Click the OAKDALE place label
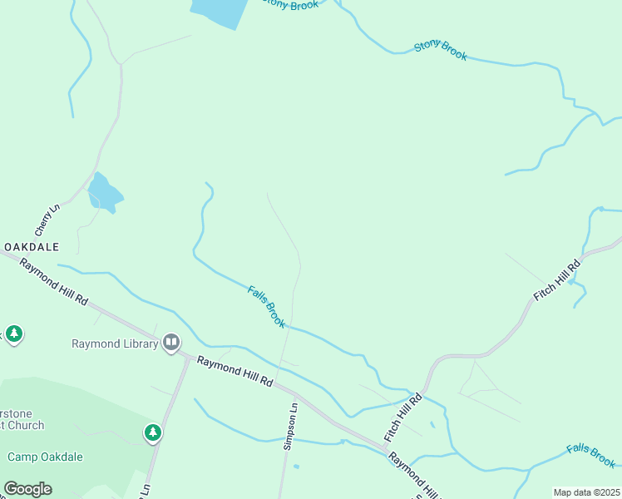point(32,247)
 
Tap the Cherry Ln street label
point(48,219)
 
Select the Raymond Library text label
point(115,343)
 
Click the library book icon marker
point(171,342)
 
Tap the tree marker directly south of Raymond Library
point(152,432)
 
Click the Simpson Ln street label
point(290,427)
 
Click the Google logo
point(27,489)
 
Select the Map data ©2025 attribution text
point(586,492)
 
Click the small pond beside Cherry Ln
point(104,193)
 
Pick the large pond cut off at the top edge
point(220,12)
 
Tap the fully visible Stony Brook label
point(441,51)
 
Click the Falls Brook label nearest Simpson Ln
point(267,306)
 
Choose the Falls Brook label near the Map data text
point(590,455)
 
